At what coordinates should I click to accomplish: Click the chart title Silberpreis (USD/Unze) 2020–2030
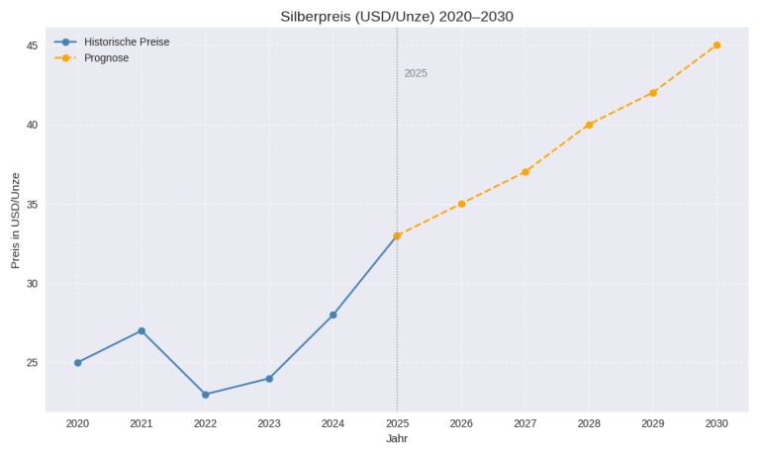[397, 16]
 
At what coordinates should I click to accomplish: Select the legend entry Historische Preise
[127, 42]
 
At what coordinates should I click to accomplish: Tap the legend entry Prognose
[106, 58]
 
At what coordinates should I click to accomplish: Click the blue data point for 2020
[78, 363]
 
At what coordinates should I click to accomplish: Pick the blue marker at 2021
[142, 331]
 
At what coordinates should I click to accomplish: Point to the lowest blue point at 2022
[206, 395]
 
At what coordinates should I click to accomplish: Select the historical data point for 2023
[269, 379]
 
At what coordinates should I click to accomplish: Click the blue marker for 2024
[333, 316]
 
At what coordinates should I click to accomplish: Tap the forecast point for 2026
[461, 204]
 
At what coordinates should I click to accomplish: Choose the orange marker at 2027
[525, 172]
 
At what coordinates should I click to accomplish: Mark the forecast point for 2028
[589, 125]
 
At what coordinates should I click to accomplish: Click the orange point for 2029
[653, 93]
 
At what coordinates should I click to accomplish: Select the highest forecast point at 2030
[716, 46]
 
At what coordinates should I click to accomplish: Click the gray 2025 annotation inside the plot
[416, 74]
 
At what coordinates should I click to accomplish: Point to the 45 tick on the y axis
[32, 46]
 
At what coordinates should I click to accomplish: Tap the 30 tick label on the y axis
[32, 284]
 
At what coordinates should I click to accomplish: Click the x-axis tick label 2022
[206, 423]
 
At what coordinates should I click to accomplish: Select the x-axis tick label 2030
[716, 423]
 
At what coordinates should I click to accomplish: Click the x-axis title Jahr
[397, 439]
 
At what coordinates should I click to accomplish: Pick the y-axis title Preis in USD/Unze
[15, 220]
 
